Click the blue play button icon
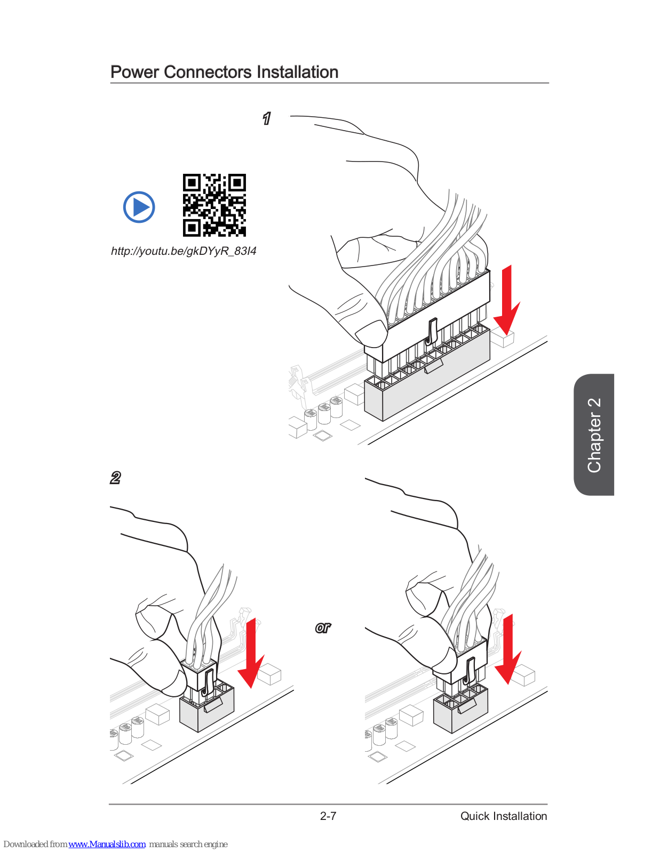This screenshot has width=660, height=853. (x=139, y=207)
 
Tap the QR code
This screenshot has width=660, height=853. (x=214, y=205)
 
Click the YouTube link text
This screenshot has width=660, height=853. (x=184, y=251)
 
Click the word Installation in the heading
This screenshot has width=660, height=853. (x=297, y=72)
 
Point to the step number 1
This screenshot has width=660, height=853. (x=266, y=118)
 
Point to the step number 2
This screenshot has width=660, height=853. (x=115, y=478)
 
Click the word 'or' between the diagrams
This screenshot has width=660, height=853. (x=323, y=628)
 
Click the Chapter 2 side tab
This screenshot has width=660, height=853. (x=594, y=434)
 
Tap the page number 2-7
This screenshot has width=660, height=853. (x=328, y=816)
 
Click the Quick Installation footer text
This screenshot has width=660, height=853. (x=504, y=816)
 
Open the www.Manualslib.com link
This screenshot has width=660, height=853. (x=107, y=844)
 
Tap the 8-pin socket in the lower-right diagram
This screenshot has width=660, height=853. (x=460, y=709)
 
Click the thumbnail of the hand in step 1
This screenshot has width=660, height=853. (x=371, y=333)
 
